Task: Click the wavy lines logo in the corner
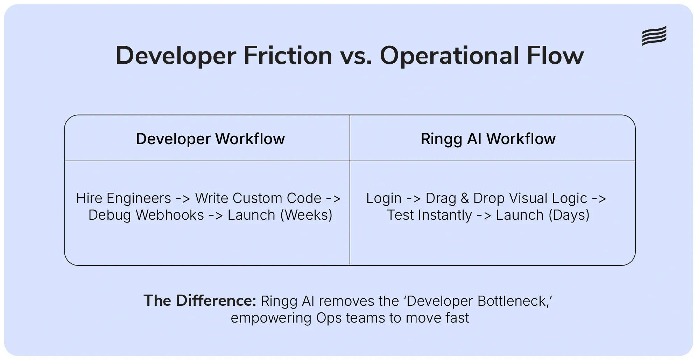[654, 36]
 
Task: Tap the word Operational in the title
[449, 56]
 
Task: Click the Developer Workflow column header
[210, 139]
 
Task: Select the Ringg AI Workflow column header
[488, 139]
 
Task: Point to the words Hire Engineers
[123, 198]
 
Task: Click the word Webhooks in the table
[170, 215]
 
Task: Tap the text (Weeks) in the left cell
[306, 215]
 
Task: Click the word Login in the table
[383, 198]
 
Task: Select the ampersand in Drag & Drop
[465, 198]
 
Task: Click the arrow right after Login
[413, 199]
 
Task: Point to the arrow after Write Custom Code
[333, 199]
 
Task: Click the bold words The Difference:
[200, 301]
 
